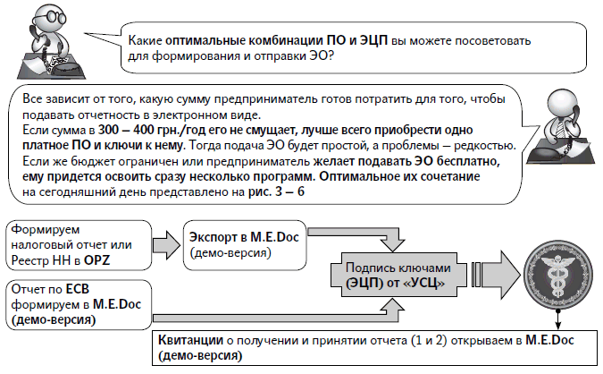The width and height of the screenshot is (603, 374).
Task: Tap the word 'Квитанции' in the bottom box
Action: click(x=188, y=340)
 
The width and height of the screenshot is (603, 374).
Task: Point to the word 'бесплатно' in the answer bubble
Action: click(x=483, y=161)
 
